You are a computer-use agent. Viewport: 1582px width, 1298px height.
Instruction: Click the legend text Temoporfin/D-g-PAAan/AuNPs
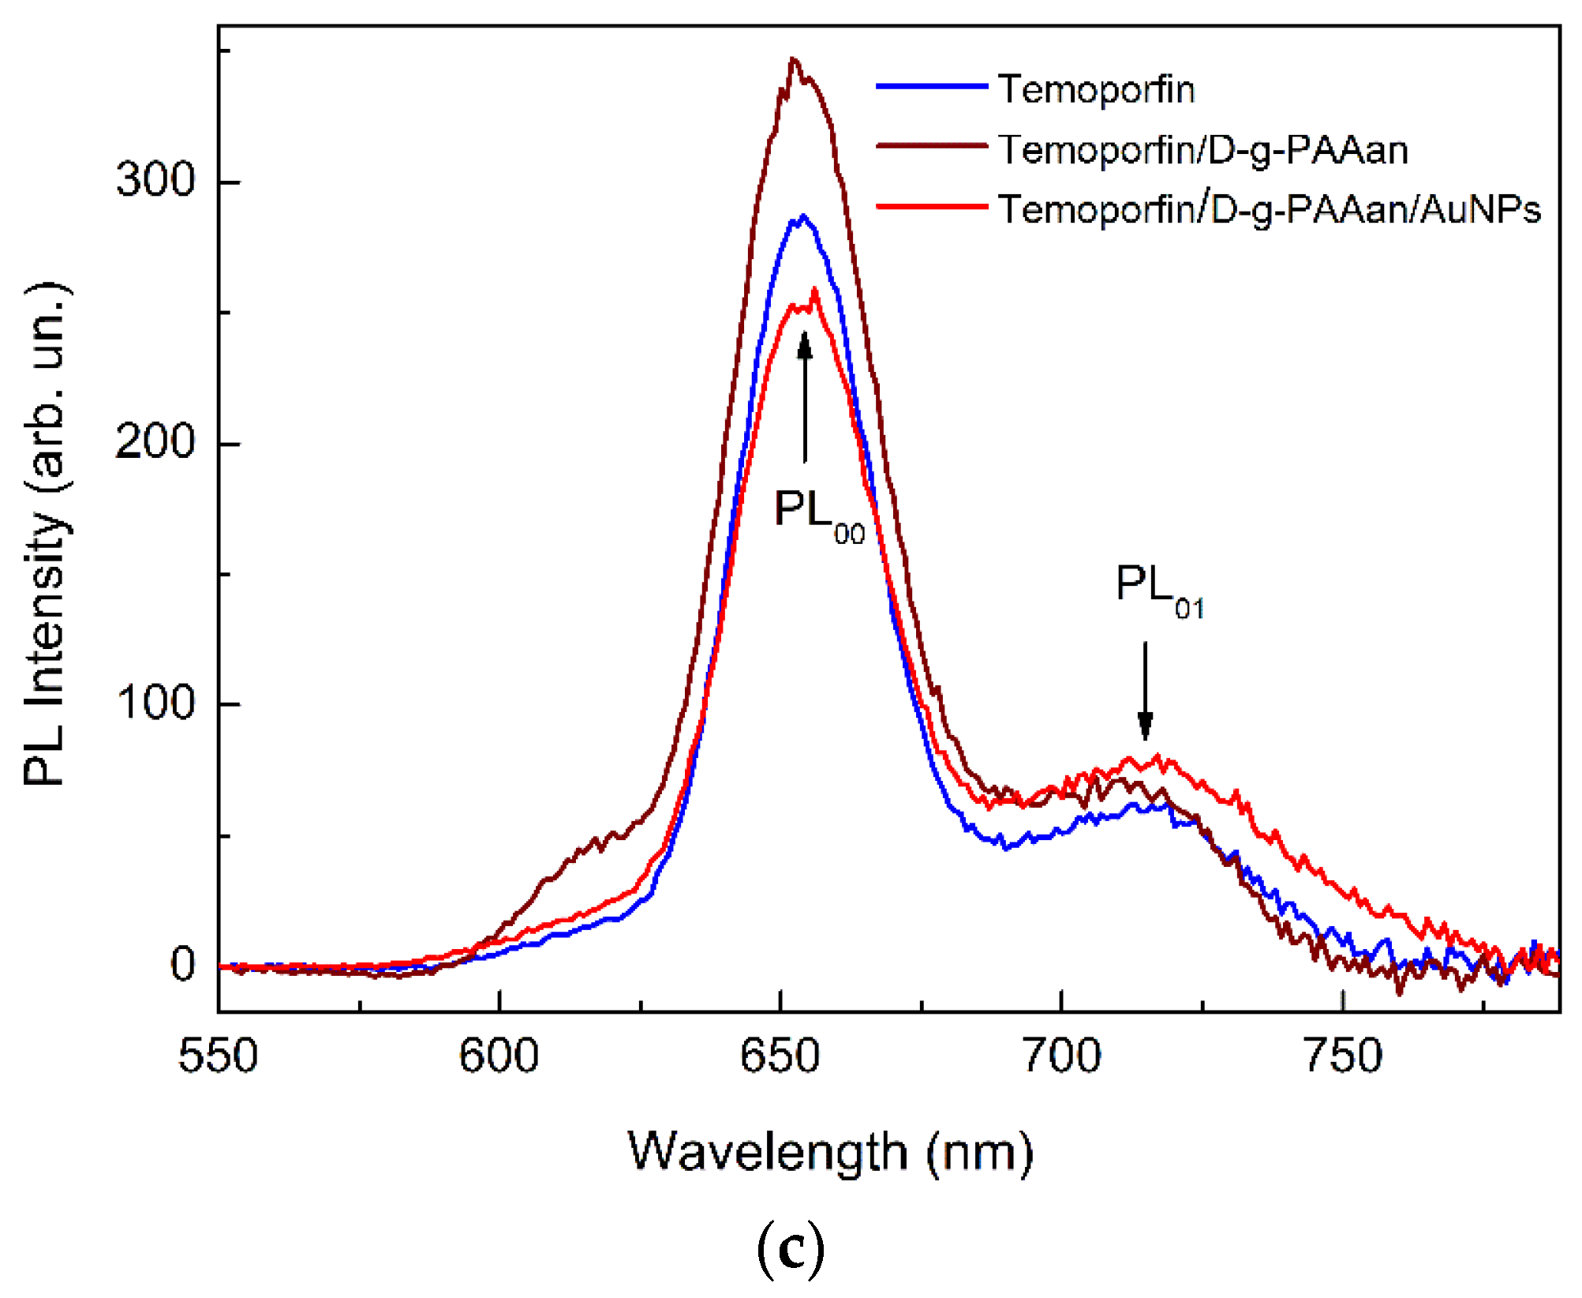(1269, 210)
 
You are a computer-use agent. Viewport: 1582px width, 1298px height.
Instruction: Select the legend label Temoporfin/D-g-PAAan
(1202, 150)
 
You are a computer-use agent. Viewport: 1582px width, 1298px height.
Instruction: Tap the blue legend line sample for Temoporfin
(931, 86)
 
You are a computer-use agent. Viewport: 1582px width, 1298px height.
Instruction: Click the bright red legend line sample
(931, 207)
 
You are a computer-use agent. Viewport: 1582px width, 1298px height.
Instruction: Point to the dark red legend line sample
(931, 146)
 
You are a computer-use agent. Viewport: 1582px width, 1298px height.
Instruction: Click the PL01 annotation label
(1158, 587)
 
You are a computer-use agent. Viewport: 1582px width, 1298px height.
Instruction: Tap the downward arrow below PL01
(1145, 691)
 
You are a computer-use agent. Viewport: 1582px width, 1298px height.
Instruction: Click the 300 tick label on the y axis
(155, 179)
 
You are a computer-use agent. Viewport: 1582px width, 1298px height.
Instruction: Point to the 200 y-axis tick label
(155, 441)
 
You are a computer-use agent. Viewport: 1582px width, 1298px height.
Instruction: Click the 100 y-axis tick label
(155, 702)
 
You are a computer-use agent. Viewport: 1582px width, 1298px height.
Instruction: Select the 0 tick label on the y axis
(183, 964)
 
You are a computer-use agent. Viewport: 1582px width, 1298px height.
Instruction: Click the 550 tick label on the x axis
(218, 1056)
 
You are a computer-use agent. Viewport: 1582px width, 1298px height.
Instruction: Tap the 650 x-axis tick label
(780, 1056)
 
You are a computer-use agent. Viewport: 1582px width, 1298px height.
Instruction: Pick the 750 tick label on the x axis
(1343, 1056)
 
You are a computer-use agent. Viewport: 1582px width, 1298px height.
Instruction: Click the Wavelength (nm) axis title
(830, 1152)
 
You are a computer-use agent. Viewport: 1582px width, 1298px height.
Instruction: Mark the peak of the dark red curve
(794, 61)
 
